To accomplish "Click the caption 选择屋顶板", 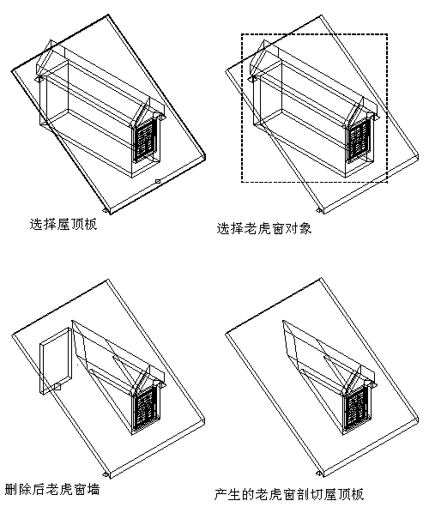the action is [63, 225].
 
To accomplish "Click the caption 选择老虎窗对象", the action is [264, 228].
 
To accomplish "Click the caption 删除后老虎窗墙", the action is [52, 490].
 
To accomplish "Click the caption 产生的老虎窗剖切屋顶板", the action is [289, 494].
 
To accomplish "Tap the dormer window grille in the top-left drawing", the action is [146, 139].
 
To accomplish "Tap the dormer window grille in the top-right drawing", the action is [359, 142].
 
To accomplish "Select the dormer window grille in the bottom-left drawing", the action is [146, 408].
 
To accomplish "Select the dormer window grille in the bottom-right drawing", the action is [358, 407].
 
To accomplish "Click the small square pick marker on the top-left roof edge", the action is [157, 181].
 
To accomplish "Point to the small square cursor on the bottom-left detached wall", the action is [57, 387].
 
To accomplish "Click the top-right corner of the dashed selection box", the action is [388, 33].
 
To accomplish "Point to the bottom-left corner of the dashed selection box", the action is [242, 182].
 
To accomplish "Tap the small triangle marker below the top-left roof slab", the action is [106, 209].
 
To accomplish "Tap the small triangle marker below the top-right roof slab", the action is [318, 209].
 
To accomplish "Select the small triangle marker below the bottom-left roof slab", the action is [106, 474].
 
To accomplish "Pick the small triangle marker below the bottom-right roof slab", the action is [318, 474].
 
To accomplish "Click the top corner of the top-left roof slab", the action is [108, 15].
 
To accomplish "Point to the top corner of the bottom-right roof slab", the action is [321, 279].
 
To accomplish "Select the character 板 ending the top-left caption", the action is [91, 225].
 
